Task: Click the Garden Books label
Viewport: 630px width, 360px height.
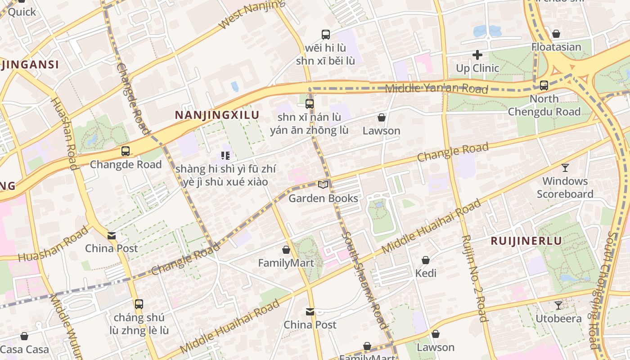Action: point(323,198)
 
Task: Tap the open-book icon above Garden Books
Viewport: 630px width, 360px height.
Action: point(323,184)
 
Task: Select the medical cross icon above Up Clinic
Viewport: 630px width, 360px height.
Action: point(477,55)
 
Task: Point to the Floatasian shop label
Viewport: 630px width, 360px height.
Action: point(556,47)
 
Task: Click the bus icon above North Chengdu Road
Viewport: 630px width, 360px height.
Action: point(544,85)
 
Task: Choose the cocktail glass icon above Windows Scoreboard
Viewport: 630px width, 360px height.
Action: point(565,168)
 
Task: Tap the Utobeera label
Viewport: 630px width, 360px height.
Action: point(558,319)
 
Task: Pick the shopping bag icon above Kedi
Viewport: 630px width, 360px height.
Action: point(426,260)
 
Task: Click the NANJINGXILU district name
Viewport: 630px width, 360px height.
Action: point(217,115)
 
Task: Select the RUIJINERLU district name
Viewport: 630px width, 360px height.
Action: point(526,241)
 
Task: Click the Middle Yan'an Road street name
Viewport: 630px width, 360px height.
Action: point(436,88)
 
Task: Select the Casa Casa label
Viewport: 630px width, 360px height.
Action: point(25,350)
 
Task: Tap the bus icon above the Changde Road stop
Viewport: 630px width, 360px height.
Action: point(126,151)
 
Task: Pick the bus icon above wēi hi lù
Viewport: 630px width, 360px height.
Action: point(325,34)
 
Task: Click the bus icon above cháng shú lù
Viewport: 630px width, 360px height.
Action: point(139,304)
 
